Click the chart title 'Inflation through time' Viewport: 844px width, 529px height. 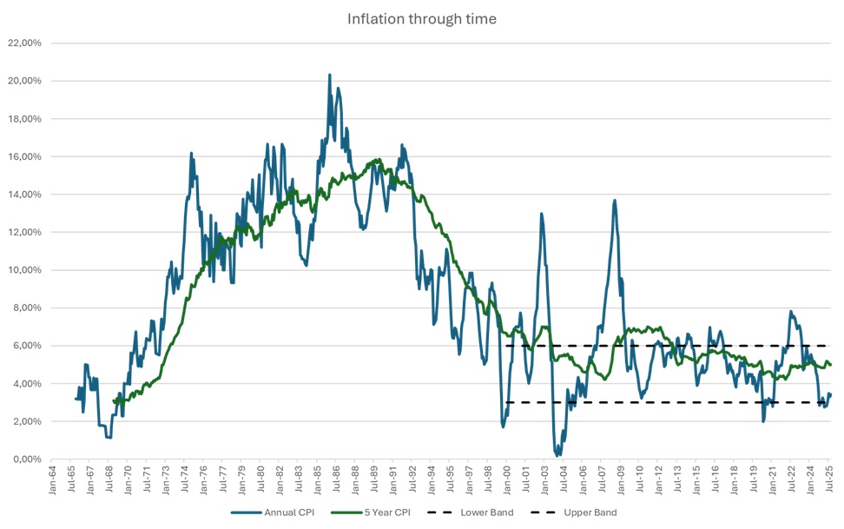[x=422, y=18]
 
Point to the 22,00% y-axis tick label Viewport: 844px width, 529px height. [x=25, y=43]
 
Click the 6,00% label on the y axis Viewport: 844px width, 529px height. [x=27, y=346]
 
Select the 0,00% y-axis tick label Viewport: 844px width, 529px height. [x=27, y=460]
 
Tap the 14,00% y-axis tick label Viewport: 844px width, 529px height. [x=25, y=195]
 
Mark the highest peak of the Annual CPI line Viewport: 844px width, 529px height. [x=330, y=75]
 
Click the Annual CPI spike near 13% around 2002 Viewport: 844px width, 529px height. [x=541, y=214]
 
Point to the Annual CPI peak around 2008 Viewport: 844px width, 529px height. [x=615, y=201]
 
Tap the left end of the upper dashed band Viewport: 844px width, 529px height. [x=506, y=346]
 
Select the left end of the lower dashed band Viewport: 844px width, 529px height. [x=506, y=402]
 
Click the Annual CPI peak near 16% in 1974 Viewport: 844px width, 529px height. [x=191, y=154]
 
